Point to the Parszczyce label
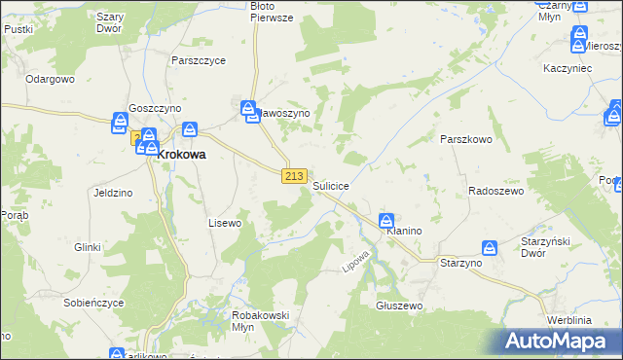coord(198,60)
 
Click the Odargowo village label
coord(51,79)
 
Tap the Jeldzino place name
coord(113,193)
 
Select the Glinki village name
coord(88,247)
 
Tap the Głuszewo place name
coord(398,306)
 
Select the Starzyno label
coord(461,264)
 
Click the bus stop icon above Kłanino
coord(386,221)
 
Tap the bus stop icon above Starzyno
coord(491,248)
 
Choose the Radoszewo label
coord(496,192)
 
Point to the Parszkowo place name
coord(466,139)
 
